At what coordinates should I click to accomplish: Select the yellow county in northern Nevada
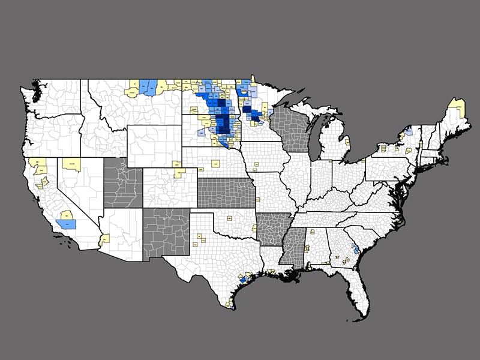(x=72, y=164)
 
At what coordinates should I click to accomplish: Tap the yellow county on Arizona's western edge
(x=105, y=239)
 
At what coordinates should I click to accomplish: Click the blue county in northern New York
(x=409, y=131)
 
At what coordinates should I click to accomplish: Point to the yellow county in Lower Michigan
(x=347, y=143)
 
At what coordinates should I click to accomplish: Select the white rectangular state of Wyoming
(x=154, y=146)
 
